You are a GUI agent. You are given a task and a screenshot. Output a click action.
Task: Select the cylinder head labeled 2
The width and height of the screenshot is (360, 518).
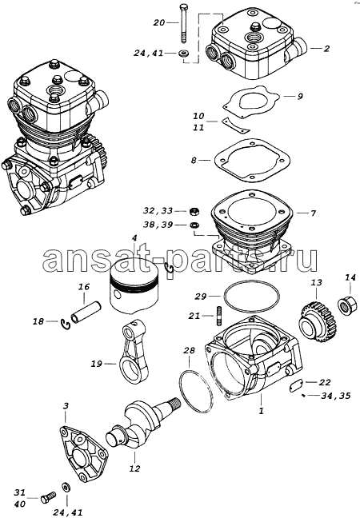(257, 46)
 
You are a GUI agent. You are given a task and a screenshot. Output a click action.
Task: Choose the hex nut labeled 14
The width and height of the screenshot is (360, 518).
(347, 304)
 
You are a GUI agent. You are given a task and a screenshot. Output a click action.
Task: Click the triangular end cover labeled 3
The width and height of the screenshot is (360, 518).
(84, 453)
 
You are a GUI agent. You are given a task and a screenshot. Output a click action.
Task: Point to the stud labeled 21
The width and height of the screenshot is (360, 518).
(218, 315)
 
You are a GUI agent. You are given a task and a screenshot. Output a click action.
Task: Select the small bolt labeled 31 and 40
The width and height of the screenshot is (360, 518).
(48, 498)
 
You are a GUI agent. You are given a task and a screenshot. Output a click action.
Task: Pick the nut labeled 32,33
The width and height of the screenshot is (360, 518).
(194, 210)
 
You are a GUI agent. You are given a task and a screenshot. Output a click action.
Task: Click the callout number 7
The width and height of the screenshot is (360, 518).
(313, 213)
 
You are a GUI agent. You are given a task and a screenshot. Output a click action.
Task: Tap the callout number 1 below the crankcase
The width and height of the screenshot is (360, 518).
(261, 412)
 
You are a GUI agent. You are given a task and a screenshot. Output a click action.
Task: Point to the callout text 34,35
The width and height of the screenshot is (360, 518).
(335, 395)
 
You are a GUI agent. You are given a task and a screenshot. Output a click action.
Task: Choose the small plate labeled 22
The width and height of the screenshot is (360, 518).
(296, 386)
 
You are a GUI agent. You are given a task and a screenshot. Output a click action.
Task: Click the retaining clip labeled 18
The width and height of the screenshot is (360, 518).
(66, 324)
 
